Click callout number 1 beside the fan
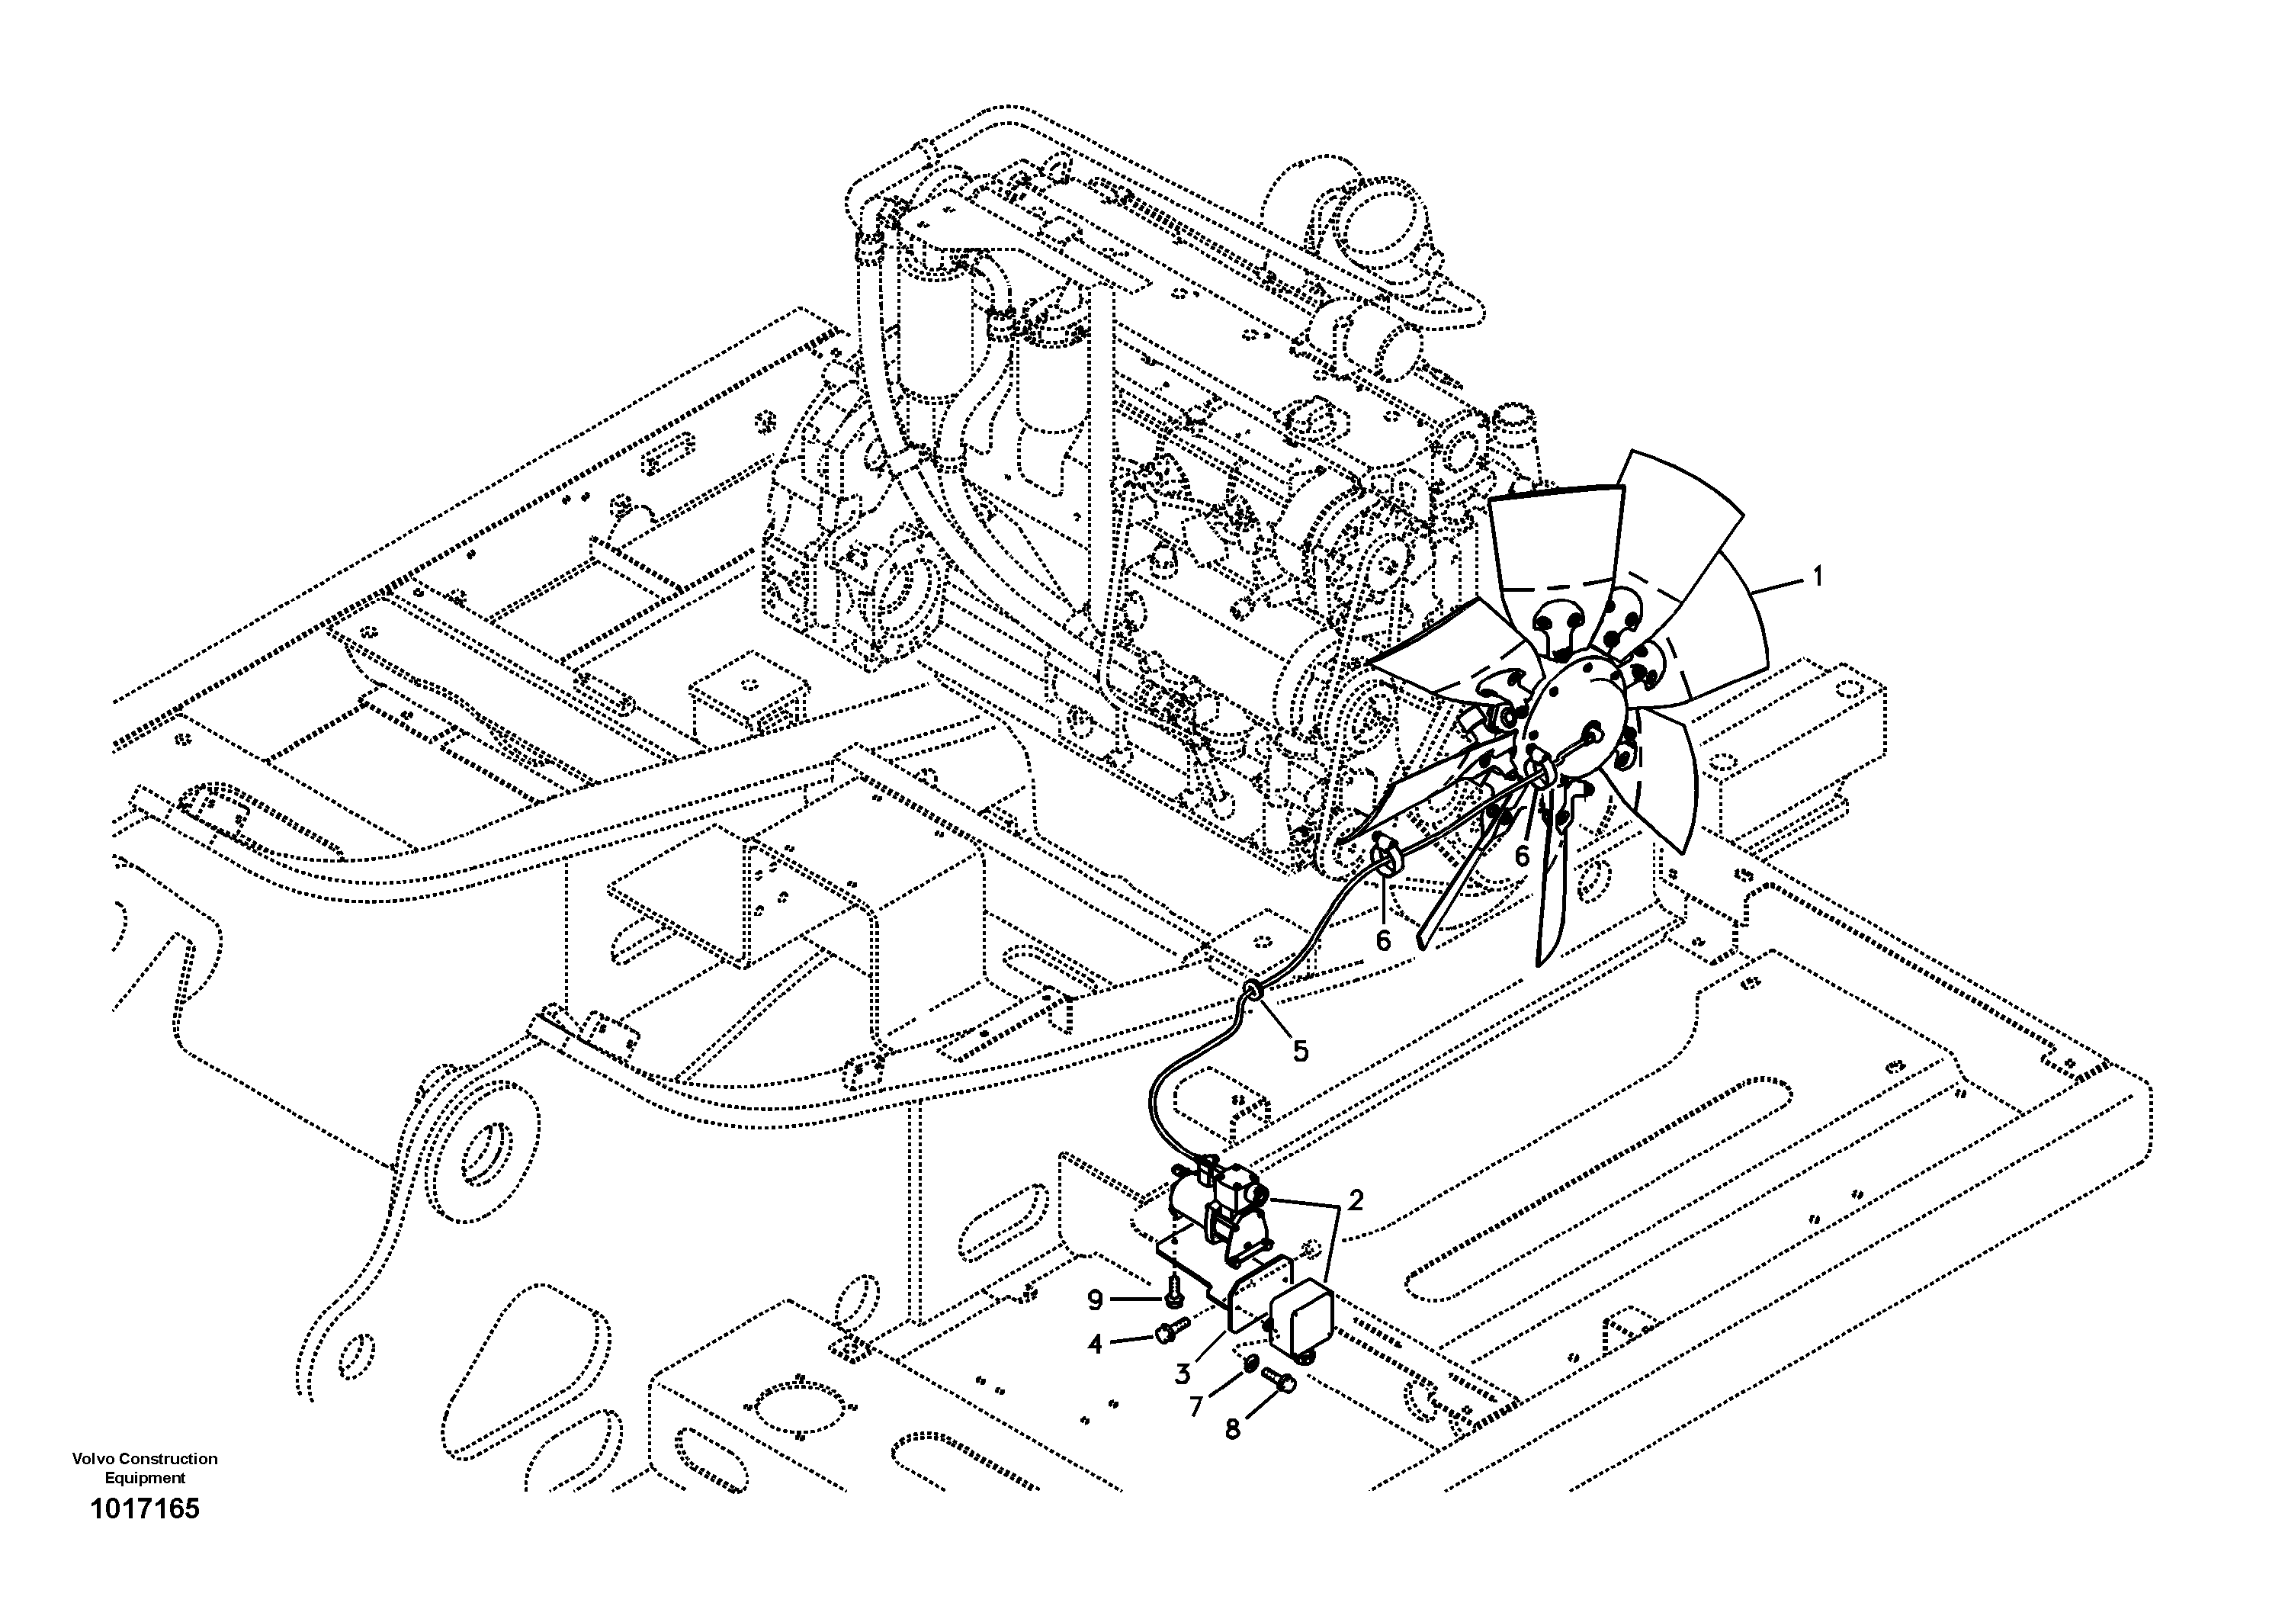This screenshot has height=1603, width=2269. pos(1815,577)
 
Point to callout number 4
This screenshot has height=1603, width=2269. pos(1095,1344)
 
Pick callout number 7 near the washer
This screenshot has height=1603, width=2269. pos(1195,1405)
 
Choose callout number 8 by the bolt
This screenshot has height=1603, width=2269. pos(1231,1429)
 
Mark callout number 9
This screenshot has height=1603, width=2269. pos(1094,1299)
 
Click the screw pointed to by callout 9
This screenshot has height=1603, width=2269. pos(1172,1286)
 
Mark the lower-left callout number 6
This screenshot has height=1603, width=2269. pos(1382,941)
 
